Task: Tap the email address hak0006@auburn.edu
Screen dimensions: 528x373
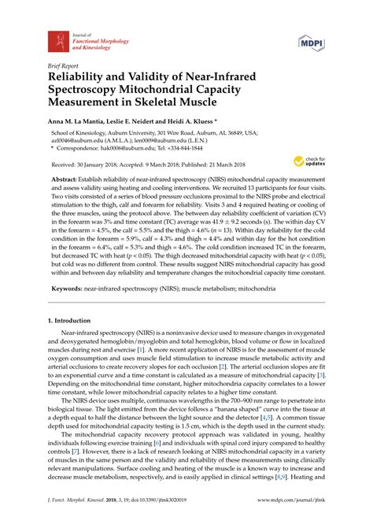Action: coord(131,168)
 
